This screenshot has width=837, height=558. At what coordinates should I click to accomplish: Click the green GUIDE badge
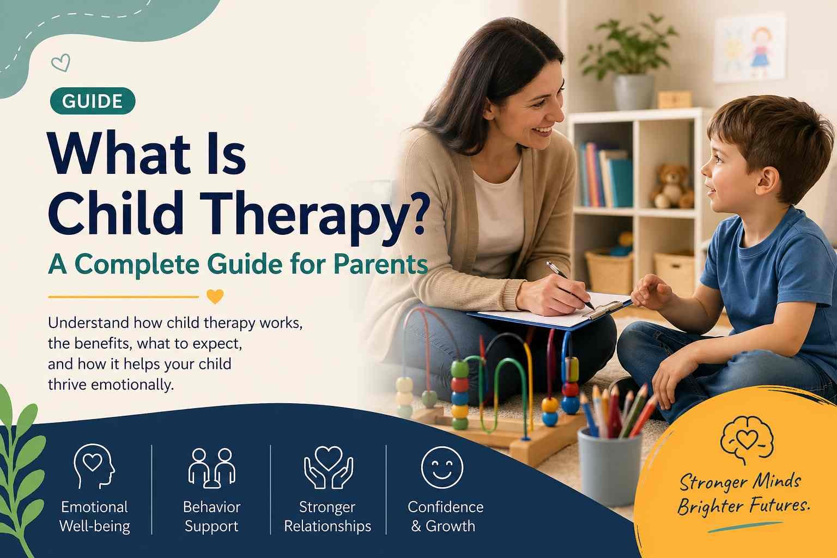(92, 101)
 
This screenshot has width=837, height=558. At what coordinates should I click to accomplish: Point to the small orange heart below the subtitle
(215, 297)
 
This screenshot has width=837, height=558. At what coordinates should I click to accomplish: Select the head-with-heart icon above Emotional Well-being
(94, 466)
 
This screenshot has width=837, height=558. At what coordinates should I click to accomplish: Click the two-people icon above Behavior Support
(211, 468)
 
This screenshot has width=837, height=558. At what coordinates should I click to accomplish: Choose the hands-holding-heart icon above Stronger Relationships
(328, 467)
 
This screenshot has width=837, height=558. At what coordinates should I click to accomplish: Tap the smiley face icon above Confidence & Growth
(442, 467)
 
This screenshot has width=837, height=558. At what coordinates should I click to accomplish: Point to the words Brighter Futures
(743, 506)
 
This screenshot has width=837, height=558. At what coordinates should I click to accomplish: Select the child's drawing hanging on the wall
(750, 49)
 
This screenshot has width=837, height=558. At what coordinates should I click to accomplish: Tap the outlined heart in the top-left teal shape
(60, 63)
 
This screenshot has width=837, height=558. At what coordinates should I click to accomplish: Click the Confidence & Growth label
(445, 516)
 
